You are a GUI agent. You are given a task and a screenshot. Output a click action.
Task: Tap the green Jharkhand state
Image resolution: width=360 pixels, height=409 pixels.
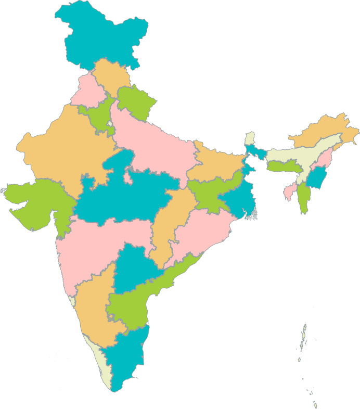[208, 193]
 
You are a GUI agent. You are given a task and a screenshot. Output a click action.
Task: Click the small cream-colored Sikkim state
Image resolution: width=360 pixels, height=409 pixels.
[250, 138]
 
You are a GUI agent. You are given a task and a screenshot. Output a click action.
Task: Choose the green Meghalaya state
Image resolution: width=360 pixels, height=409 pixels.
[284, 167]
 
